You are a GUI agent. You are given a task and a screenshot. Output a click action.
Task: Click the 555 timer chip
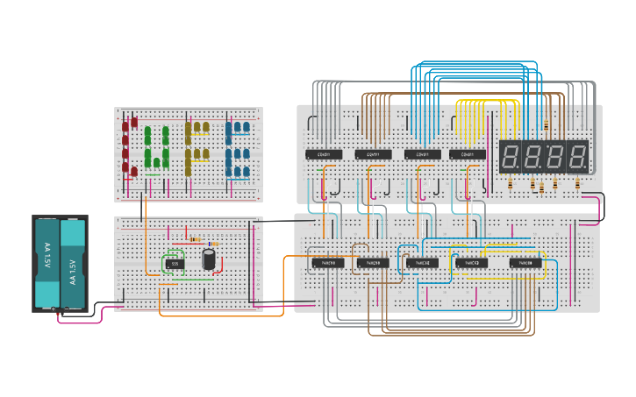pos(175,263)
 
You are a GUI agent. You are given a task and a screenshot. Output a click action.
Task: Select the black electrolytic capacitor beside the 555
pos(209,259)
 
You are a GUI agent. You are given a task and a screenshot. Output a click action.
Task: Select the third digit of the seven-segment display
pos(555,158)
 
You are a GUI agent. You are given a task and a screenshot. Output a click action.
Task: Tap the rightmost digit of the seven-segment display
pos(576,158)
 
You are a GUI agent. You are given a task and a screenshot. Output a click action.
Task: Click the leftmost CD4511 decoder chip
pos(324,154)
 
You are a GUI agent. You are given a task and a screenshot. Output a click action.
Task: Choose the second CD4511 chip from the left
pos(373,154)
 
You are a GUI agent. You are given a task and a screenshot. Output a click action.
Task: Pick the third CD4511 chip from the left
pos(422,154)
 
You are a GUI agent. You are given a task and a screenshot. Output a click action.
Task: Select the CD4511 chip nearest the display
pos(468,154)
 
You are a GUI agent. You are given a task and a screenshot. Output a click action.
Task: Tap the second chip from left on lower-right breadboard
pos(372,262)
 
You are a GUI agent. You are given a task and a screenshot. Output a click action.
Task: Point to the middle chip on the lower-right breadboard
pos(422,262)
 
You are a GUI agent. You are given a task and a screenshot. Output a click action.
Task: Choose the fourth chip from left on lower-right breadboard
pos(471,262)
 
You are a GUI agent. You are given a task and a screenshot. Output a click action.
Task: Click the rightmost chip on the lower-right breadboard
pos(526,262)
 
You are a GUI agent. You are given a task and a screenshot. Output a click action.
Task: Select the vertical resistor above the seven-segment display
pos(547,125)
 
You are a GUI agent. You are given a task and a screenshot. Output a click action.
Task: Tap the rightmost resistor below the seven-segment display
pos(577,183)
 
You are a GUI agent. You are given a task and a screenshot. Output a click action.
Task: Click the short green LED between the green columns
pos(157,161)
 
